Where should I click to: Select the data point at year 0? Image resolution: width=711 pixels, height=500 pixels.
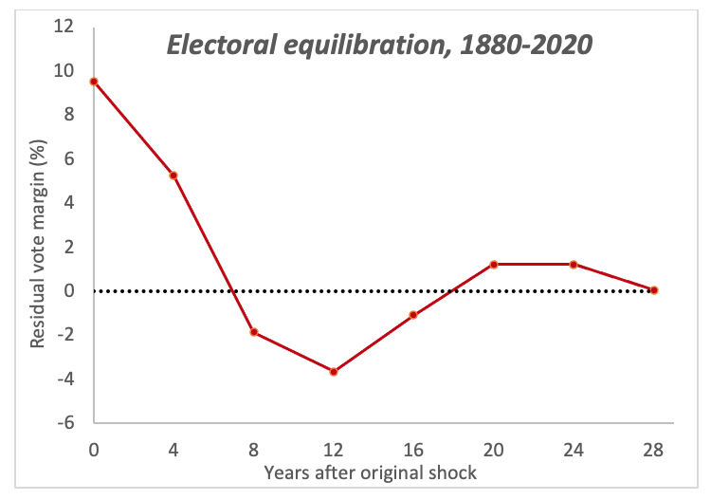[94, 82]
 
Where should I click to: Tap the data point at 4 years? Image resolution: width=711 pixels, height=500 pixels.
[173, 176]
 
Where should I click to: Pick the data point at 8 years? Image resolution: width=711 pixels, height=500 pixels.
[254, 332]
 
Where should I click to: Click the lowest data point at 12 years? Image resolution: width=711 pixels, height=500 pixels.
[334, 372]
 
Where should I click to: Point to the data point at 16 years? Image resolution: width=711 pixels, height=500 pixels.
[413, 315]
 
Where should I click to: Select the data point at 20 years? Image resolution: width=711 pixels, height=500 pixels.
[494, 264]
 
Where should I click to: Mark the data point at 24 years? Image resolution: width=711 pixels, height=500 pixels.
[574, 264]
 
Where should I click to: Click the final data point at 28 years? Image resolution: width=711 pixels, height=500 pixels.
[654, 290]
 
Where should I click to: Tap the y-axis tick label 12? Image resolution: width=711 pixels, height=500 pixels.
[63, 27]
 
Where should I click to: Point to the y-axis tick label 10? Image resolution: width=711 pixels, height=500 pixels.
[63, 70]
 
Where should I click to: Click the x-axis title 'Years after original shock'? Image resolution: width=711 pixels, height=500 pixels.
[373, 470]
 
